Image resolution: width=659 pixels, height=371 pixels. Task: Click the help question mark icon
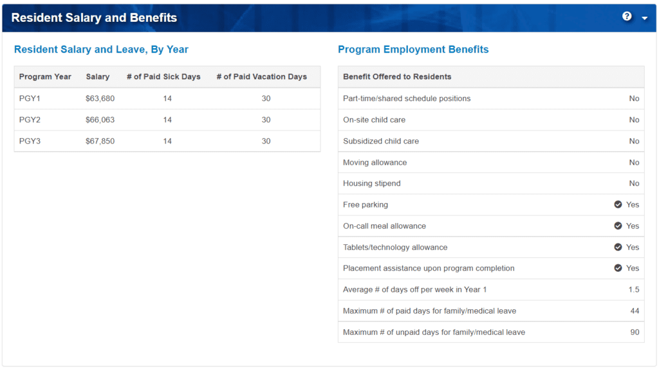tap(627, 17)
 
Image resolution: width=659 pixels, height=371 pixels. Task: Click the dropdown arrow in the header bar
tap(644, 18)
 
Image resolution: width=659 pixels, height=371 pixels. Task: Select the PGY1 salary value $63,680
tap(100, 98)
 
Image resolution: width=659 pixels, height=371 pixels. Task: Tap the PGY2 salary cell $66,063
tap(100, 120)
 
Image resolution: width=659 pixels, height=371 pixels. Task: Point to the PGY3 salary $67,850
tap(100, 141)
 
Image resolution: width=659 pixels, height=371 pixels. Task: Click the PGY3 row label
tap(30, 141)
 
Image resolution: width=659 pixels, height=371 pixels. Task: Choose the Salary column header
tap(98, 77)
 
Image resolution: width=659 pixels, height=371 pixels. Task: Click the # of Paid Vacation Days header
tap(261, 77)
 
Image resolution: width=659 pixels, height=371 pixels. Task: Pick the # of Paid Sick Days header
tap(163, 77)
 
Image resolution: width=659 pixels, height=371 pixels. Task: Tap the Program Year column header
tap(45, 77)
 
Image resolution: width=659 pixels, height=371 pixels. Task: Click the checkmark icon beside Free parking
tap(618, 204)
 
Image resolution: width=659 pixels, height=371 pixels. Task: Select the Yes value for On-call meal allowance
tap(633, 226)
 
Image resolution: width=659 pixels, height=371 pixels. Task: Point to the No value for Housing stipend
tap(634, 183)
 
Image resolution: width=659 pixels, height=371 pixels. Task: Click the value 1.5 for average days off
tap(634, 289)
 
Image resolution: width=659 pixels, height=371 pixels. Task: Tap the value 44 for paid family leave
tap(635, 311)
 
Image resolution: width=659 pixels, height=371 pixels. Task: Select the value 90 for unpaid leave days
tap(635, 332)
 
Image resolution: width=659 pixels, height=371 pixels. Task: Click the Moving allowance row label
tap(375, 162)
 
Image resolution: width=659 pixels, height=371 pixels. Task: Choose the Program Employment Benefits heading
tap(413, 50)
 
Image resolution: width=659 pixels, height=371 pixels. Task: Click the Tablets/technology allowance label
tap(394, 247)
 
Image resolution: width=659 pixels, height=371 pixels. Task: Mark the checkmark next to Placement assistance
tap(618, 268)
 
